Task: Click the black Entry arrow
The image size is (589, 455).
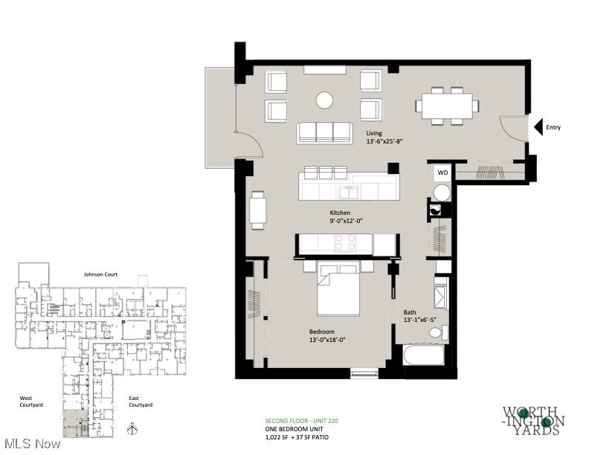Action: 540,127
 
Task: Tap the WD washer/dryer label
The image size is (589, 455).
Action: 442,172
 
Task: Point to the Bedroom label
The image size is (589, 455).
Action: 322,331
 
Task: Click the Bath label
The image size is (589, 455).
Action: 410,312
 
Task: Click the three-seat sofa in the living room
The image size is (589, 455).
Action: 324,132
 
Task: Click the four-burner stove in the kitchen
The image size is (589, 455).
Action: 345,243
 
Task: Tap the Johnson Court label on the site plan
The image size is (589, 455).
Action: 100,274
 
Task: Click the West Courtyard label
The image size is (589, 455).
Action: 31,401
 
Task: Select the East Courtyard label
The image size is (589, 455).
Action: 141,401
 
